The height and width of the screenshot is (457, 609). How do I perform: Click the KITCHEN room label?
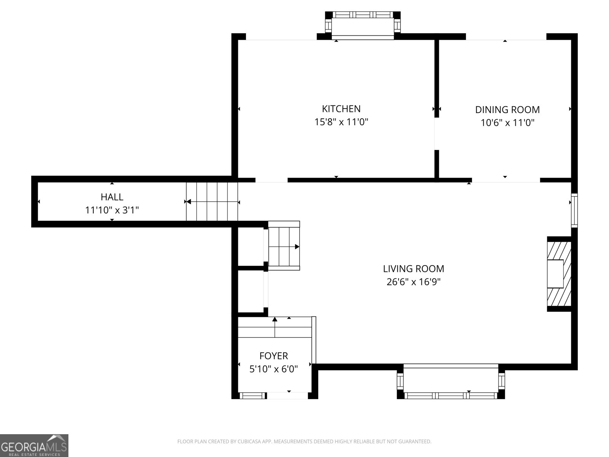(x=341, y=109)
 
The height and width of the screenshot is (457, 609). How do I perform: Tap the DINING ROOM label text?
(x=507, y=110)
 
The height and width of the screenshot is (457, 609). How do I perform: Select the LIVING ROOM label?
(x=413, y=268)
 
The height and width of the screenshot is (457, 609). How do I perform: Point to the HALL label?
(x=112, y=197)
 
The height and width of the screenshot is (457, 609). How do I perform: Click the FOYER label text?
(x=274, y=356)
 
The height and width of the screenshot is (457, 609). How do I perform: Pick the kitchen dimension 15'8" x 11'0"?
(x=341, y=122)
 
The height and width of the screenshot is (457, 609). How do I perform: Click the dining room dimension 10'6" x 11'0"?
(x=507, y=123)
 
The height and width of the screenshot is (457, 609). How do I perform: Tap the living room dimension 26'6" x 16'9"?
(x=413, y=282)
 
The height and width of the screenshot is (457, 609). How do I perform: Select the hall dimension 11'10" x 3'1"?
(x=112, y=210)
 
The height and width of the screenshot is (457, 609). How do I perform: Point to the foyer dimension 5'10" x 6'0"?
(x=274, y=369)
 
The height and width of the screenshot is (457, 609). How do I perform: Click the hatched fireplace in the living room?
(x=559, y=274)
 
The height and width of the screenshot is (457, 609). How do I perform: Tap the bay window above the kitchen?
(x=363, y=26)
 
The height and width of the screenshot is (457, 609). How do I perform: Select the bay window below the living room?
(x=451, y=382)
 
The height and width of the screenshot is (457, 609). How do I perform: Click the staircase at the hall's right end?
(x=212, y=201)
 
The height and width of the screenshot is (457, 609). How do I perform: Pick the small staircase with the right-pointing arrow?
(x=284, y=246)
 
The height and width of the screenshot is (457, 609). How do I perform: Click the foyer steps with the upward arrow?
(x=275, y=327)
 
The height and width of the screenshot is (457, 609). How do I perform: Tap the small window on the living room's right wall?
(x=574, y=211)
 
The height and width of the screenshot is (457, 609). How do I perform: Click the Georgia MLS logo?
(x=34, y=446)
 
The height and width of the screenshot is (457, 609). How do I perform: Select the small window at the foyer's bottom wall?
(x=252, y=396)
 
